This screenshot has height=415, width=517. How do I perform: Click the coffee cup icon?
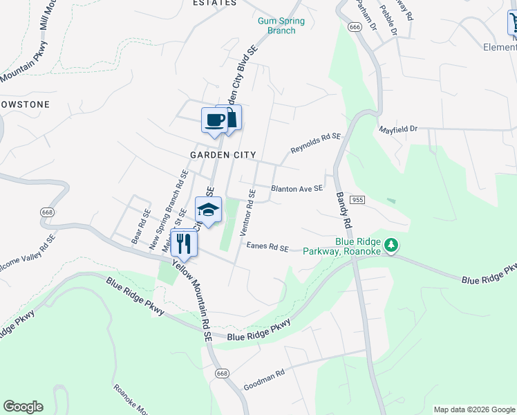point(214,120)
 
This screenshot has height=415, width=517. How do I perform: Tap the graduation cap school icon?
point(208,209)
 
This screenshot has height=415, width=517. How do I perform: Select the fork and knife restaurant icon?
point(183,243)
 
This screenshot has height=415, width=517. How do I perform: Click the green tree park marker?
point(391,245)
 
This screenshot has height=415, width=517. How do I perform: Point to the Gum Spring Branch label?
point(281,26)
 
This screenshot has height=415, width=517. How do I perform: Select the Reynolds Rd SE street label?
point(316,144)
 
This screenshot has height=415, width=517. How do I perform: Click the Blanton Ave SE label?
point(297,188)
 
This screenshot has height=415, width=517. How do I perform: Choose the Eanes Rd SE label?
point(265,246)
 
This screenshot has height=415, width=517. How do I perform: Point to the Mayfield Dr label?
point(399,129)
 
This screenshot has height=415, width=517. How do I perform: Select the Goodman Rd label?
point(264,377)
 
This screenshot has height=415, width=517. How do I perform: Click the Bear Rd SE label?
point(140,227)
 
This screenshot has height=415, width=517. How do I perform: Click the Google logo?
point(23,407)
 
